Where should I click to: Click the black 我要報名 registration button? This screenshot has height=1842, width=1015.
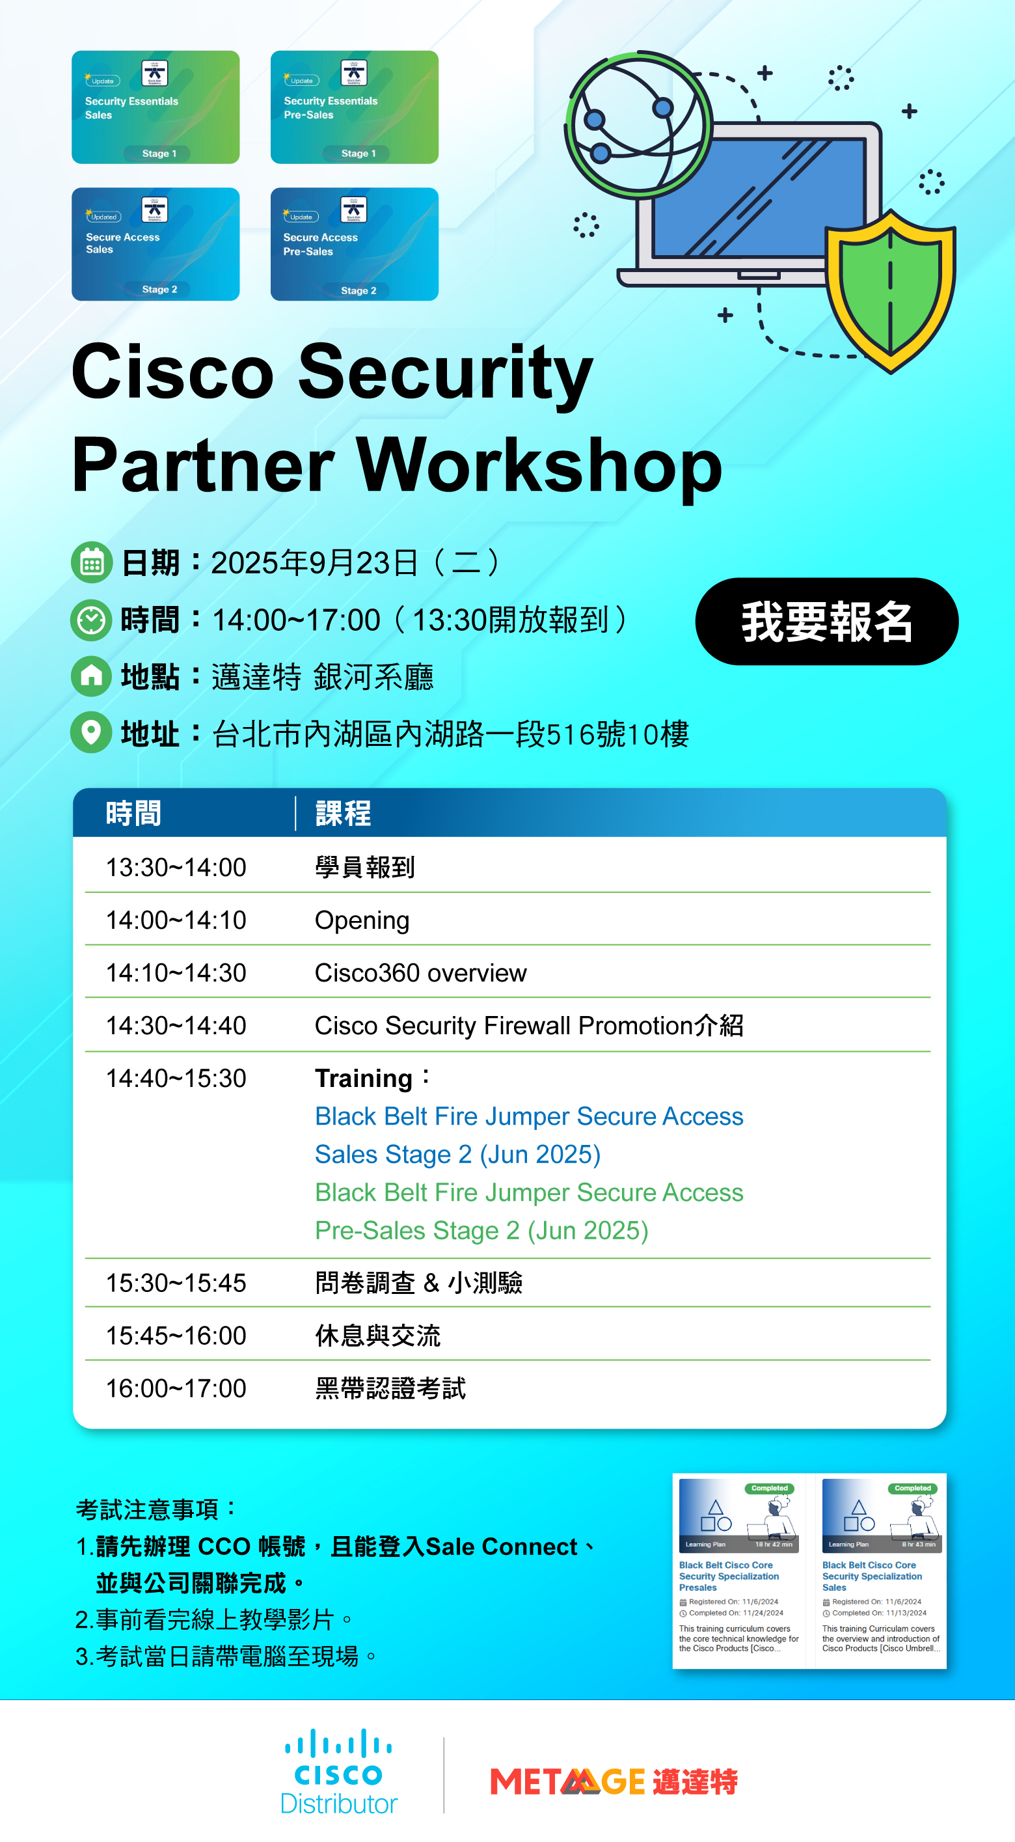coord(826,622)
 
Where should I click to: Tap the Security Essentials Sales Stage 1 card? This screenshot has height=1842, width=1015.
coord(155,107)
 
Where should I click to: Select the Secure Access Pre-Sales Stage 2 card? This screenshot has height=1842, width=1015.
coord(354,244)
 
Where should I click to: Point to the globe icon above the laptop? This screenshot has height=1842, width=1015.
coord(638,124)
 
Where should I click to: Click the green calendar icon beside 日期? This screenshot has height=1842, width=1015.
coord(92,563)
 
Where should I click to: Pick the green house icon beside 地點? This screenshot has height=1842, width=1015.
coord(92,676)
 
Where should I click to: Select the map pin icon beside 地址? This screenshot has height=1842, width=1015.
coord(92,732)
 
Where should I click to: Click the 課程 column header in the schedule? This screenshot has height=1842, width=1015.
coord(343,814)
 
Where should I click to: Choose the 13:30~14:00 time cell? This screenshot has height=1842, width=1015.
coord(176,868)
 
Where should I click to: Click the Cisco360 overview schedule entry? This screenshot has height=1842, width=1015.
coord(420,973)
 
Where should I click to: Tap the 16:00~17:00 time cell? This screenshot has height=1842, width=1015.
coord(176,1388)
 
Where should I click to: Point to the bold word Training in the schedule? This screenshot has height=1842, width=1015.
coord(363,1079)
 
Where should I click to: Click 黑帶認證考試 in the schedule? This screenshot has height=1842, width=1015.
coord(390,1388)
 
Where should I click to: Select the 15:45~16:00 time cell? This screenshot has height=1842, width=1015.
coord(176,1336)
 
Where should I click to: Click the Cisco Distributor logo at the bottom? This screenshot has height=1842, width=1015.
coord(339,1772)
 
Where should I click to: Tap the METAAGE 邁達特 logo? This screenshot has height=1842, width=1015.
coord(614,1781)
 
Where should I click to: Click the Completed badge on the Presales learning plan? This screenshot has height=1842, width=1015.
coord(769,1488)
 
